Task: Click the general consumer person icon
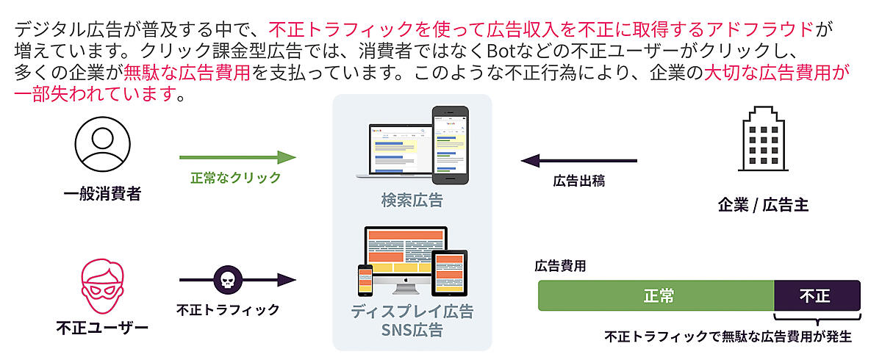point(102,145)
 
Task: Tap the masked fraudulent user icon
point(102,286)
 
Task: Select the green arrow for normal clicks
point(237,157)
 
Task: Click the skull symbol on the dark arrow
point(228,280)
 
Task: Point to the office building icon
point(763,139)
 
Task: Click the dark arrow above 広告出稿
point(579,160)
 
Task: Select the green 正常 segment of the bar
point(656,295)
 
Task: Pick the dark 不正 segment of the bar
point(817,295)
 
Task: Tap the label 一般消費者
point(102,193)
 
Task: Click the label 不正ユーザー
point(102,328)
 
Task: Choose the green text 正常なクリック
point(235,178)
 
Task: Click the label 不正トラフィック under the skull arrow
point(228,310)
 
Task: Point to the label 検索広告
point(412,201)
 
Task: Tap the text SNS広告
point(412,330)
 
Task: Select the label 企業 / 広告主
point(763,205)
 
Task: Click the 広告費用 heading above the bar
point(560,266)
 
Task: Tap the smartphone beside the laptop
point(451,145)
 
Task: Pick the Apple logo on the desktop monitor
point(406,280)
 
